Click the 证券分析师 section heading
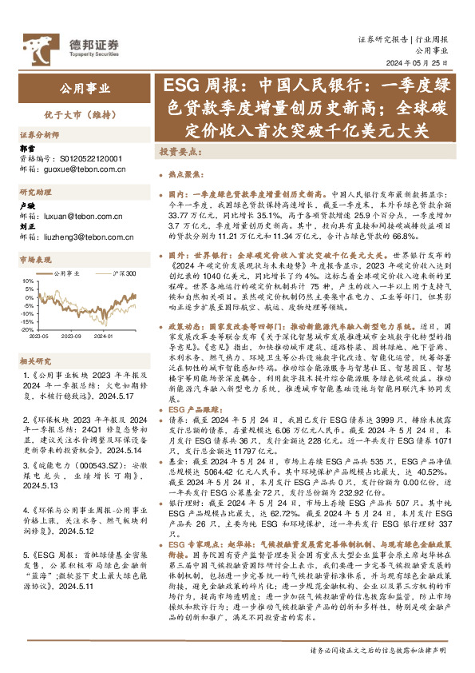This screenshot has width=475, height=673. (x=39, y=136)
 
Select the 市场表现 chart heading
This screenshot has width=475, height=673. (x=35, y=260)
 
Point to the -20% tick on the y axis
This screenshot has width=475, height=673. (x=27, y=329)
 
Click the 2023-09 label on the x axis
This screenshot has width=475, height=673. (x=77, y=336)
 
